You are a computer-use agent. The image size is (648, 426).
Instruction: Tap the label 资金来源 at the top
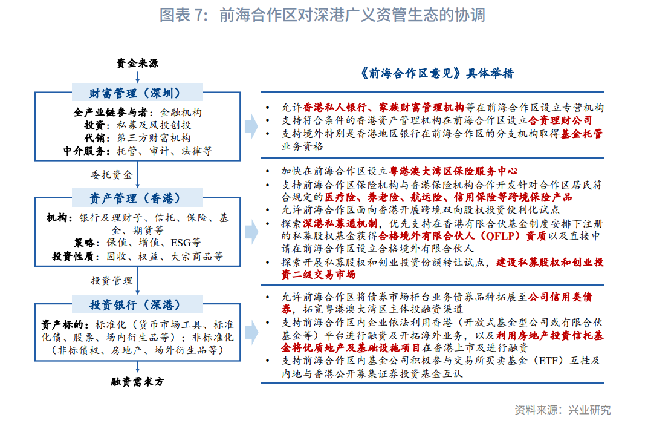137,64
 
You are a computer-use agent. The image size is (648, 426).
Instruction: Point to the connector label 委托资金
112,174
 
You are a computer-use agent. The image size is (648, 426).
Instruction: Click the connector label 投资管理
112,280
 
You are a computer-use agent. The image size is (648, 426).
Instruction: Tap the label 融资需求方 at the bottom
138,382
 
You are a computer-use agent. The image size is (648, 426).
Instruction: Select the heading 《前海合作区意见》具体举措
436,74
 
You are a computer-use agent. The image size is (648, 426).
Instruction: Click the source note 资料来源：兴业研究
562,410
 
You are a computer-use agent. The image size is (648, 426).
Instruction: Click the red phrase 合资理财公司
560,120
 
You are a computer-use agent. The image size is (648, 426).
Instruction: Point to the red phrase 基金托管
582,134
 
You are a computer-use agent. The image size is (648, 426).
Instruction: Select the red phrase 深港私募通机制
340,224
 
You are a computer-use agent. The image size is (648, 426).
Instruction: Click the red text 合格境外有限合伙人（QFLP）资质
462,236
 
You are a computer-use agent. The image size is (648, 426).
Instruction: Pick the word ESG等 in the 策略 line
186,243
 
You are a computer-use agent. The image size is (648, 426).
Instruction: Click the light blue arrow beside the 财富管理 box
251,125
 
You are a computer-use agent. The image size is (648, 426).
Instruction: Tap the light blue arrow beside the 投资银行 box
251,332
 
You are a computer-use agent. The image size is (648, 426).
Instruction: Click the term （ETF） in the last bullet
548,361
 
